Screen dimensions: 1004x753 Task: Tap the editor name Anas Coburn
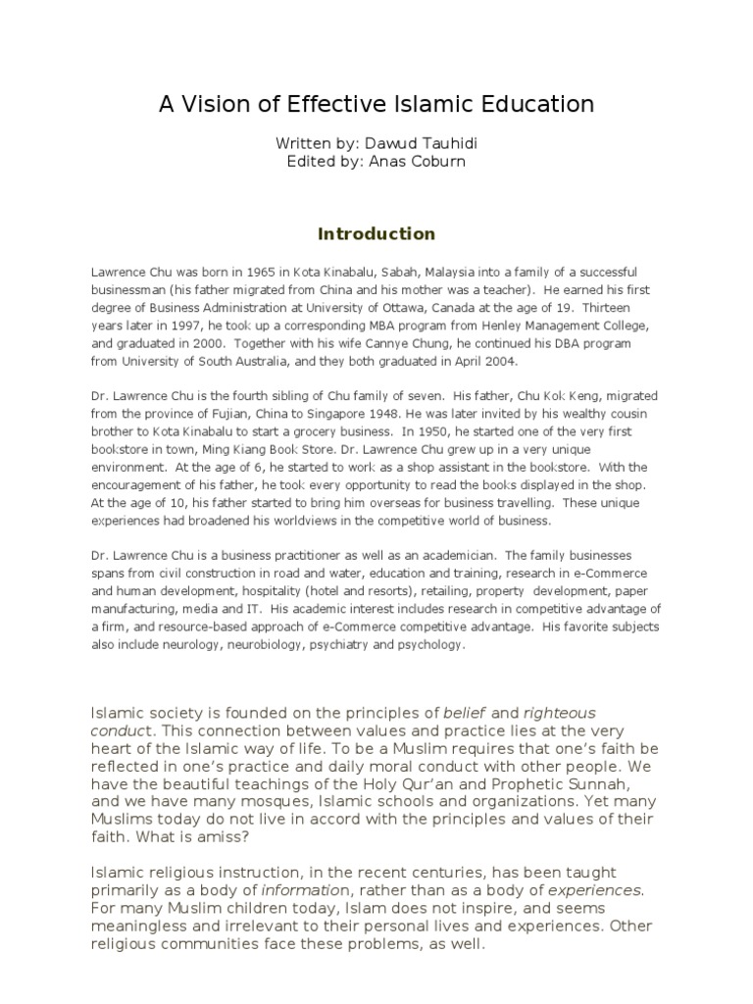click(x=427, y=162)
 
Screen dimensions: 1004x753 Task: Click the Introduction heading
click(x=376, y=234)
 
